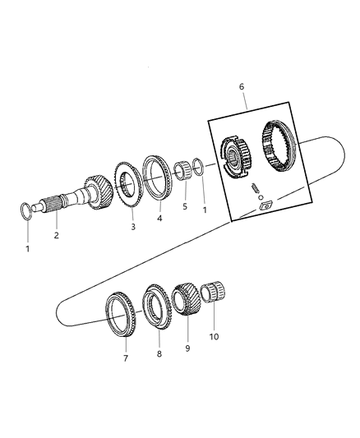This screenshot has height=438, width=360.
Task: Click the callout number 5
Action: coord(185,206)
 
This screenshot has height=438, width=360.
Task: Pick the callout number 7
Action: coord(126,359)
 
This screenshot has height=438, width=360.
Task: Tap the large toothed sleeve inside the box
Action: coord(279,143)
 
